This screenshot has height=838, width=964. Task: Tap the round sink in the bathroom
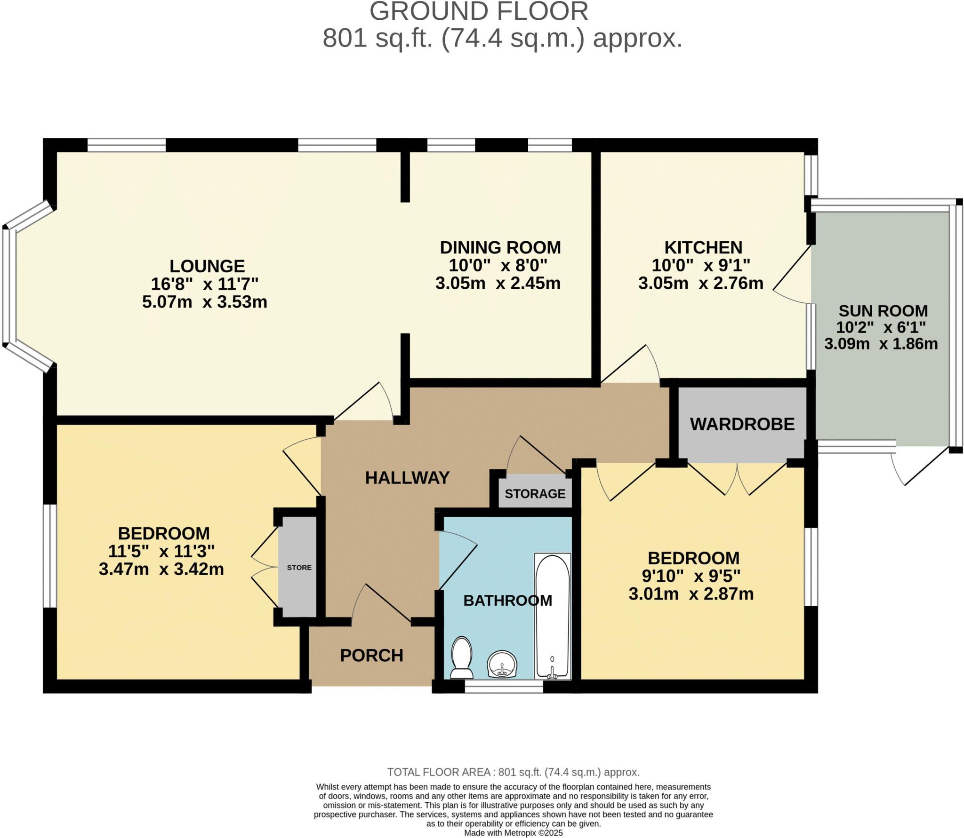pos(502,664)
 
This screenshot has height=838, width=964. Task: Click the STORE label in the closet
pos(299,568)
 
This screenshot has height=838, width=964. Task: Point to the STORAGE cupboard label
pos(535,494)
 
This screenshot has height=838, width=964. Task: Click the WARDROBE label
pos(742,424)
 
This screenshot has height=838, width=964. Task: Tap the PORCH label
pos(371,656)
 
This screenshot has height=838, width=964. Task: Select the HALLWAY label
pos(407,478)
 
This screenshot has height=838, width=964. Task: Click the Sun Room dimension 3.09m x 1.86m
pos(881,344)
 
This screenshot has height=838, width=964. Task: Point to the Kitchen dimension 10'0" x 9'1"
pos(700,266)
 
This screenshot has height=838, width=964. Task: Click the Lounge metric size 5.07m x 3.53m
pos(205,302)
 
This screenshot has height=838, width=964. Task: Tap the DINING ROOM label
pos(500,247)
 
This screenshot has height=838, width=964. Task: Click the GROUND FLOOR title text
pos(479,11)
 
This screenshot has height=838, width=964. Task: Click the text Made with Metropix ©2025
pos(513,833)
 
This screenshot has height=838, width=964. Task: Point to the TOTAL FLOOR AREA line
pos(513,772)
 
